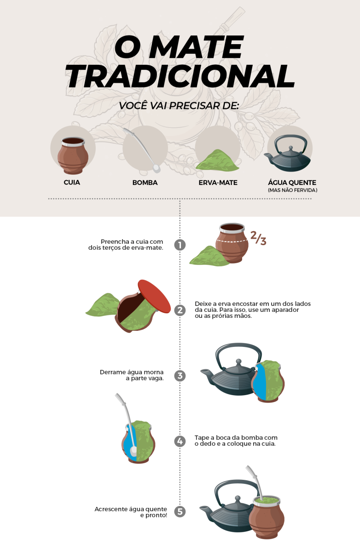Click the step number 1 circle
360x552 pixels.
point(180,245)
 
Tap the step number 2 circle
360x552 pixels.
point(180,310)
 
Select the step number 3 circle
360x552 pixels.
point(180,376)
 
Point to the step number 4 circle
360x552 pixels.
point(180,442)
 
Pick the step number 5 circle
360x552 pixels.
point(180,511)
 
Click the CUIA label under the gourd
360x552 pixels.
point(72,183)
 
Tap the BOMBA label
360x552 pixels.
point(145,183)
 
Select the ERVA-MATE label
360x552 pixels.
point(218,183)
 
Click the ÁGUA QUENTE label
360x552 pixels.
point(292,183)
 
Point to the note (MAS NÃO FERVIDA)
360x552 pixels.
point(292,190)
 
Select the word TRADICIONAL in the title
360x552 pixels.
point(180,76)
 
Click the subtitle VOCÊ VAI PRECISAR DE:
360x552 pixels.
point(179,105)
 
